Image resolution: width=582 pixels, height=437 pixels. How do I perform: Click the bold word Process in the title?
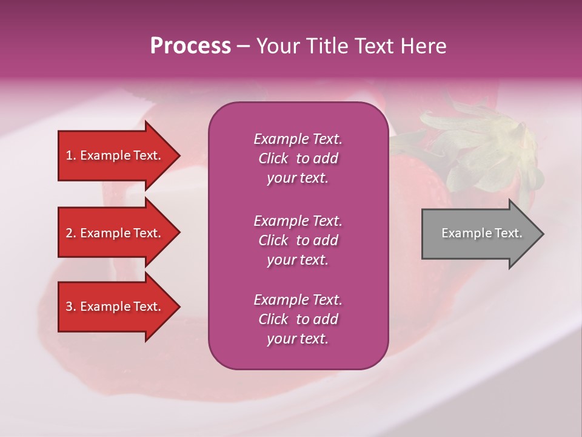(190, 46)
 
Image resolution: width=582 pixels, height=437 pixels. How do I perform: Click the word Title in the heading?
(326, 46)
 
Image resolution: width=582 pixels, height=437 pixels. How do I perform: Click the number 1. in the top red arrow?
(71, 155)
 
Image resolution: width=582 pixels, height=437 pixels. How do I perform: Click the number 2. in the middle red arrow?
(71, 233)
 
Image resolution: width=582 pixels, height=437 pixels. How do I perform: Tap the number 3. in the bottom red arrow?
(71, 307)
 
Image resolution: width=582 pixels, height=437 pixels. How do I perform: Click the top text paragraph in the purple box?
(298, 158)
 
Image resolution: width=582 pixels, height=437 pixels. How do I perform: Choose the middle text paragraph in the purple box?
(298, 240)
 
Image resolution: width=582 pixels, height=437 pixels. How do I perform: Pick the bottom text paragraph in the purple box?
(298, 319)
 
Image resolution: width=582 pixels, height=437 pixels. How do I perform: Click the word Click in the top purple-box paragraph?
(273, 158)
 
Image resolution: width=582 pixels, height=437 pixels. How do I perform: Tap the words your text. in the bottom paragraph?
(298, 339)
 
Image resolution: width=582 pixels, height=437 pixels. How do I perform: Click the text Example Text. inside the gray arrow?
(481, 233)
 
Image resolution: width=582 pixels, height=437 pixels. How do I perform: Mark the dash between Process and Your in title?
(243, 47)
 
